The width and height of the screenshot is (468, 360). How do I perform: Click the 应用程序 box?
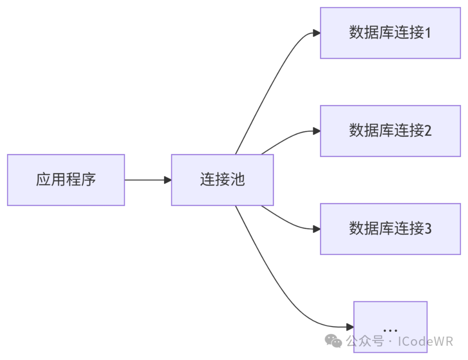point(66,180)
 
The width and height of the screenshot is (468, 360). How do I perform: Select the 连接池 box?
point(222,180)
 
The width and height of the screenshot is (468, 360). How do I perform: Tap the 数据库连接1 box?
point(390,33)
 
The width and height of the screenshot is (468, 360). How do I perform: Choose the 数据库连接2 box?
point(390,131)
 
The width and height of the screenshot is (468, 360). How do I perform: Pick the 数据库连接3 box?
point(390,229)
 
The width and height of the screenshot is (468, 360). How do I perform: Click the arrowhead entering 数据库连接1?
point(316,33)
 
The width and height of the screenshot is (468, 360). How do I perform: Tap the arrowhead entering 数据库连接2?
point(316,131)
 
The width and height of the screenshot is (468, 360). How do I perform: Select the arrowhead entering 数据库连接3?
point(316,229)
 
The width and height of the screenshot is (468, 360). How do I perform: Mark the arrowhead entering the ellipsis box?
point(350,327)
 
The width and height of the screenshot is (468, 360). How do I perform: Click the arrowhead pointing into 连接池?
point(168,180)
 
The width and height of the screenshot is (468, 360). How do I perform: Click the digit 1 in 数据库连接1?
point(428,33)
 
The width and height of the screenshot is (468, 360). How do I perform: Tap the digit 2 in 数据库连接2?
point(428,131)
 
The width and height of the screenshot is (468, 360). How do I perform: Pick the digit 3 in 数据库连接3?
point(428,229)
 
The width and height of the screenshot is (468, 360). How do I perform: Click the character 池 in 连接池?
point(237,180)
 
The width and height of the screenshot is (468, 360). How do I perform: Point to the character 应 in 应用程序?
point(43,180)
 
